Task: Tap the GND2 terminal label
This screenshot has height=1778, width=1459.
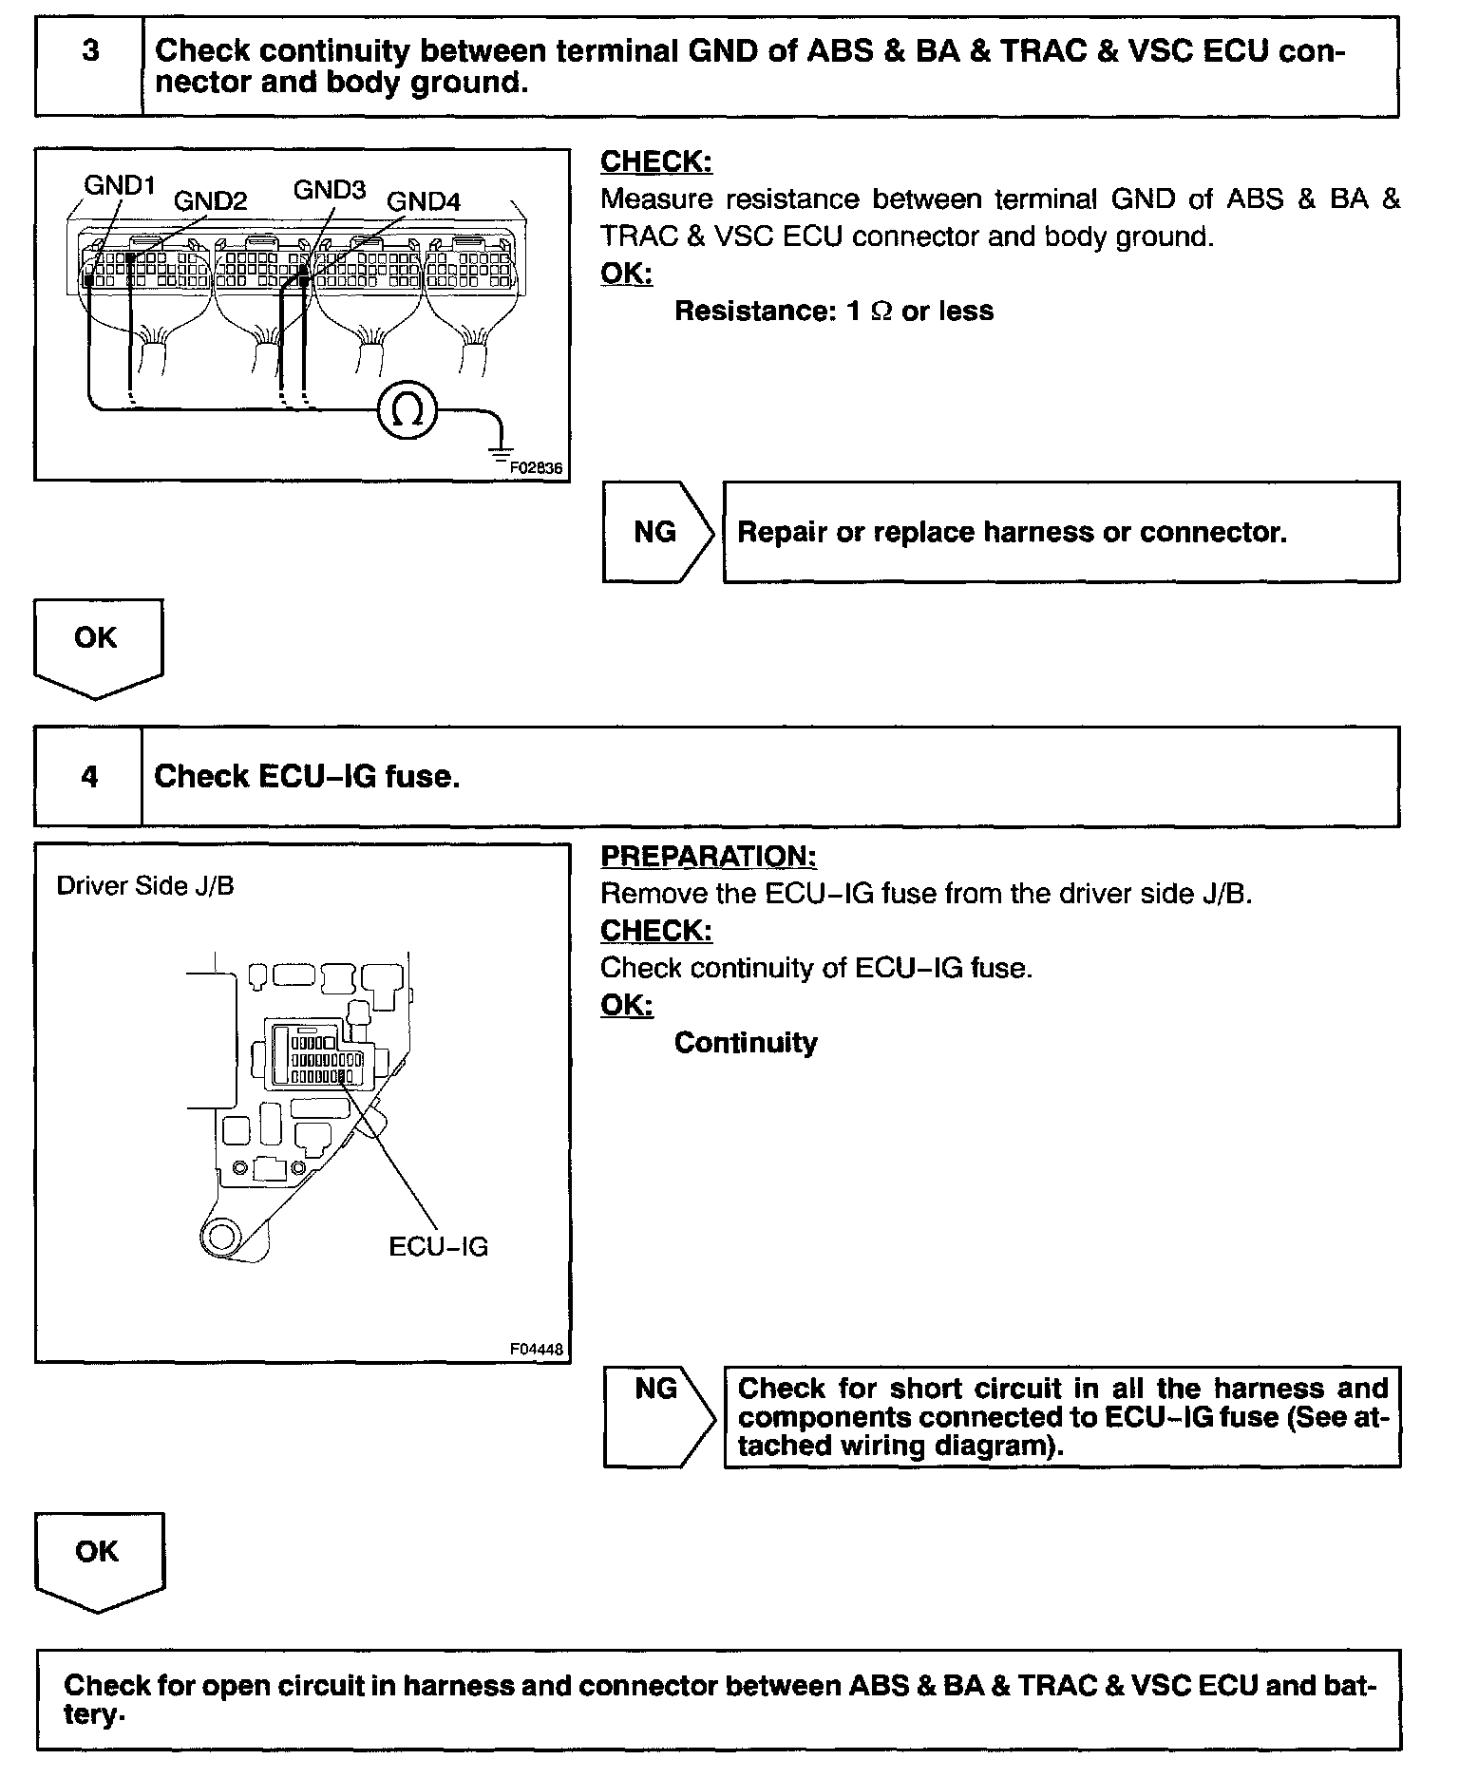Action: point(210,200)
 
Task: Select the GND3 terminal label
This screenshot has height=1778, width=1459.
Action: point(329,190)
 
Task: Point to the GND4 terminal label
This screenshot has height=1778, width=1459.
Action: point(423,201)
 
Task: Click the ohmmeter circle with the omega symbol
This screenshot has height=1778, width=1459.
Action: point(407,410)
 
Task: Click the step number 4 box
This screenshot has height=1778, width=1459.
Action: point(89,776)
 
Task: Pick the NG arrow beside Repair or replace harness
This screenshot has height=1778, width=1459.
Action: point(657,532)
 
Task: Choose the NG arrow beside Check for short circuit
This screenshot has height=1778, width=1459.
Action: point(657,1416)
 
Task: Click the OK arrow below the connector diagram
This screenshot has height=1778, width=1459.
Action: point(97,646)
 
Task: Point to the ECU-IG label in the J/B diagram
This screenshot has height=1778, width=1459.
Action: point(438,1246)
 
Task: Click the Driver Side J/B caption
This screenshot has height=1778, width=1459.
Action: point(145,886)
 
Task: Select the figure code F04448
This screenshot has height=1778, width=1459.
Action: point(537,1349)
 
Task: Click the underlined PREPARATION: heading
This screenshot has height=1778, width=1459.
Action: point(708,856)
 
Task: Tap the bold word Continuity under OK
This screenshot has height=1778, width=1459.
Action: point(746,1043)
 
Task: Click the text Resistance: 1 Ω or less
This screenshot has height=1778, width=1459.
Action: point(833,312)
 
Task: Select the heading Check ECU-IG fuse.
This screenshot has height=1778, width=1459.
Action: point(307,776)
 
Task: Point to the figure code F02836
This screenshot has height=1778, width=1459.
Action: point(536,467)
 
